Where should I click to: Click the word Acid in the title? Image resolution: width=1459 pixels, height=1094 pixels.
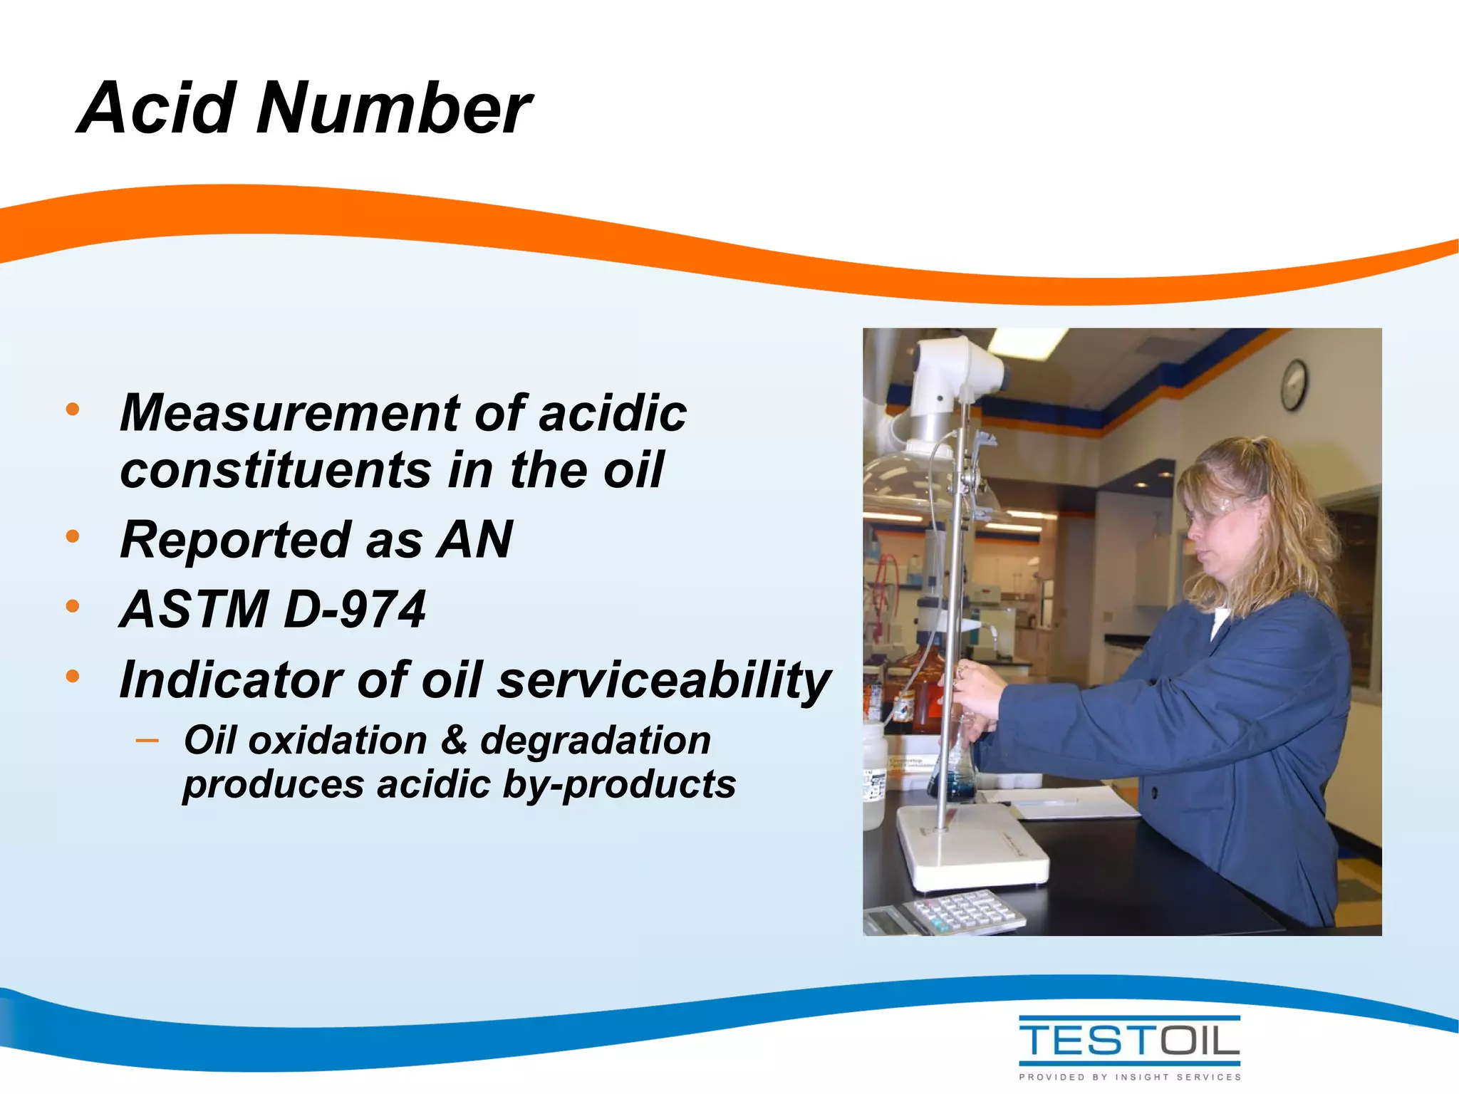pyautogui.click(x=157, y=108)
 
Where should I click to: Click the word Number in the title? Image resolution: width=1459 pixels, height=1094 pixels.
pyautogui.click(x=393, y=108)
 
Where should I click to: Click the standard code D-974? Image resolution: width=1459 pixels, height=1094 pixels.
pyautogui.click(x=354, y=610)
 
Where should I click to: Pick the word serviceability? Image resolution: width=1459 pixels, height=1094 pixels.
pyautogui.click(x=664, y=681)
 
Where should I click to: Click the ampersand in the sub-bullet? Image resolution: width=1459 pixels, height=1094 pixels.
pyautogui.click(x=454, y=739)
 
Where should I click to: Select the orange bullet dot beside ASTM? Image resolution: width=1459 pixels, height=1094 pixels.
pyautogui.click(x=72, y=607)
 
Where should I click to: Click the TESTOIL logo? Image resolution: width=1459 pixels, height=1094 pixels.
pyautogui.click(x=1129, y=1041)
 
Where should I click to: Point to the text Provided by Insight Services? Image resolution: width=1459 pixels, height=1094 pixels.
pyautogui.click(x=1129, y=1077)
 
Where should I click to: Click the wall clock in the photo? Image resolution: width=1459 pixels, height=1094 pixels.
pyautogui.click(x=1294, y=385)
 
